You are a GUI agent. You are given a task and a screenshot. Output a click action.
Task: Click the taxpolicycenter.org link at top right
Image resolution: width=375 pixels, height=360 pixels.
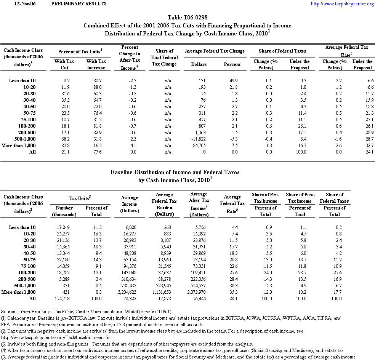pos(342,4)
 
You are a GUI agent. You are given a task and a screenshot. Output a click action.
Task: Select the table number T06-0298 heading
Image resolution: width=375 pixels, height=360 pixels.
pos(187,18)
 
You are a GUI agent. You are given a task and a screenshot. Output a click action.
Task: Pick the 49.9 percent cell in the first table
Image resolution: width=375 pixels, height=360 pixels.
pos(234,80)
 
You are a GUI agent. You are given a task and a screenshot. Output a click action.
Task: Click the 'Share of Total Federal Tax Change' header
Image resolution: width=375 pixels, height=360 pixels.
pos(164,58)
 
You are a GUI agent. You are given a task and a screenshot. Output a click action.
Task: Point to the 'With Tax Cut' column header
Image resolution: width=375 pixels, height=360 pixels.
pos(64,64)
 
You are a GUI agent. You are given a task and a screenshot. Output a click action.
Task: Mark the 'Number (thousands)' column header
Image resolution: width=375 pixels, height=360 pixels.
pos(64,211)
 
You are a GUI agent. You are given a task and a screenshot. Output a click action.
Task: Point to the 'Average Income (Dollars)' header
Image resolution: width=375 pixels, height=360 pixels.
pos(129,204)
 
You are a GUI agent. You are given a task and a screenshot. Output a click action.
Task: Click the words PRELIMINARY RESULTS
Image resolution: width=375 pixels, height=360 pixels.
pos(79,4)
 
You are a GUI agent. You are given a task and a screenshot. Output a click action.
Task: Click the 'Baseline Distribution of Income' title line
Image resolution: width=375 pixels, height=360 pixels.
pos(175,172)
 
